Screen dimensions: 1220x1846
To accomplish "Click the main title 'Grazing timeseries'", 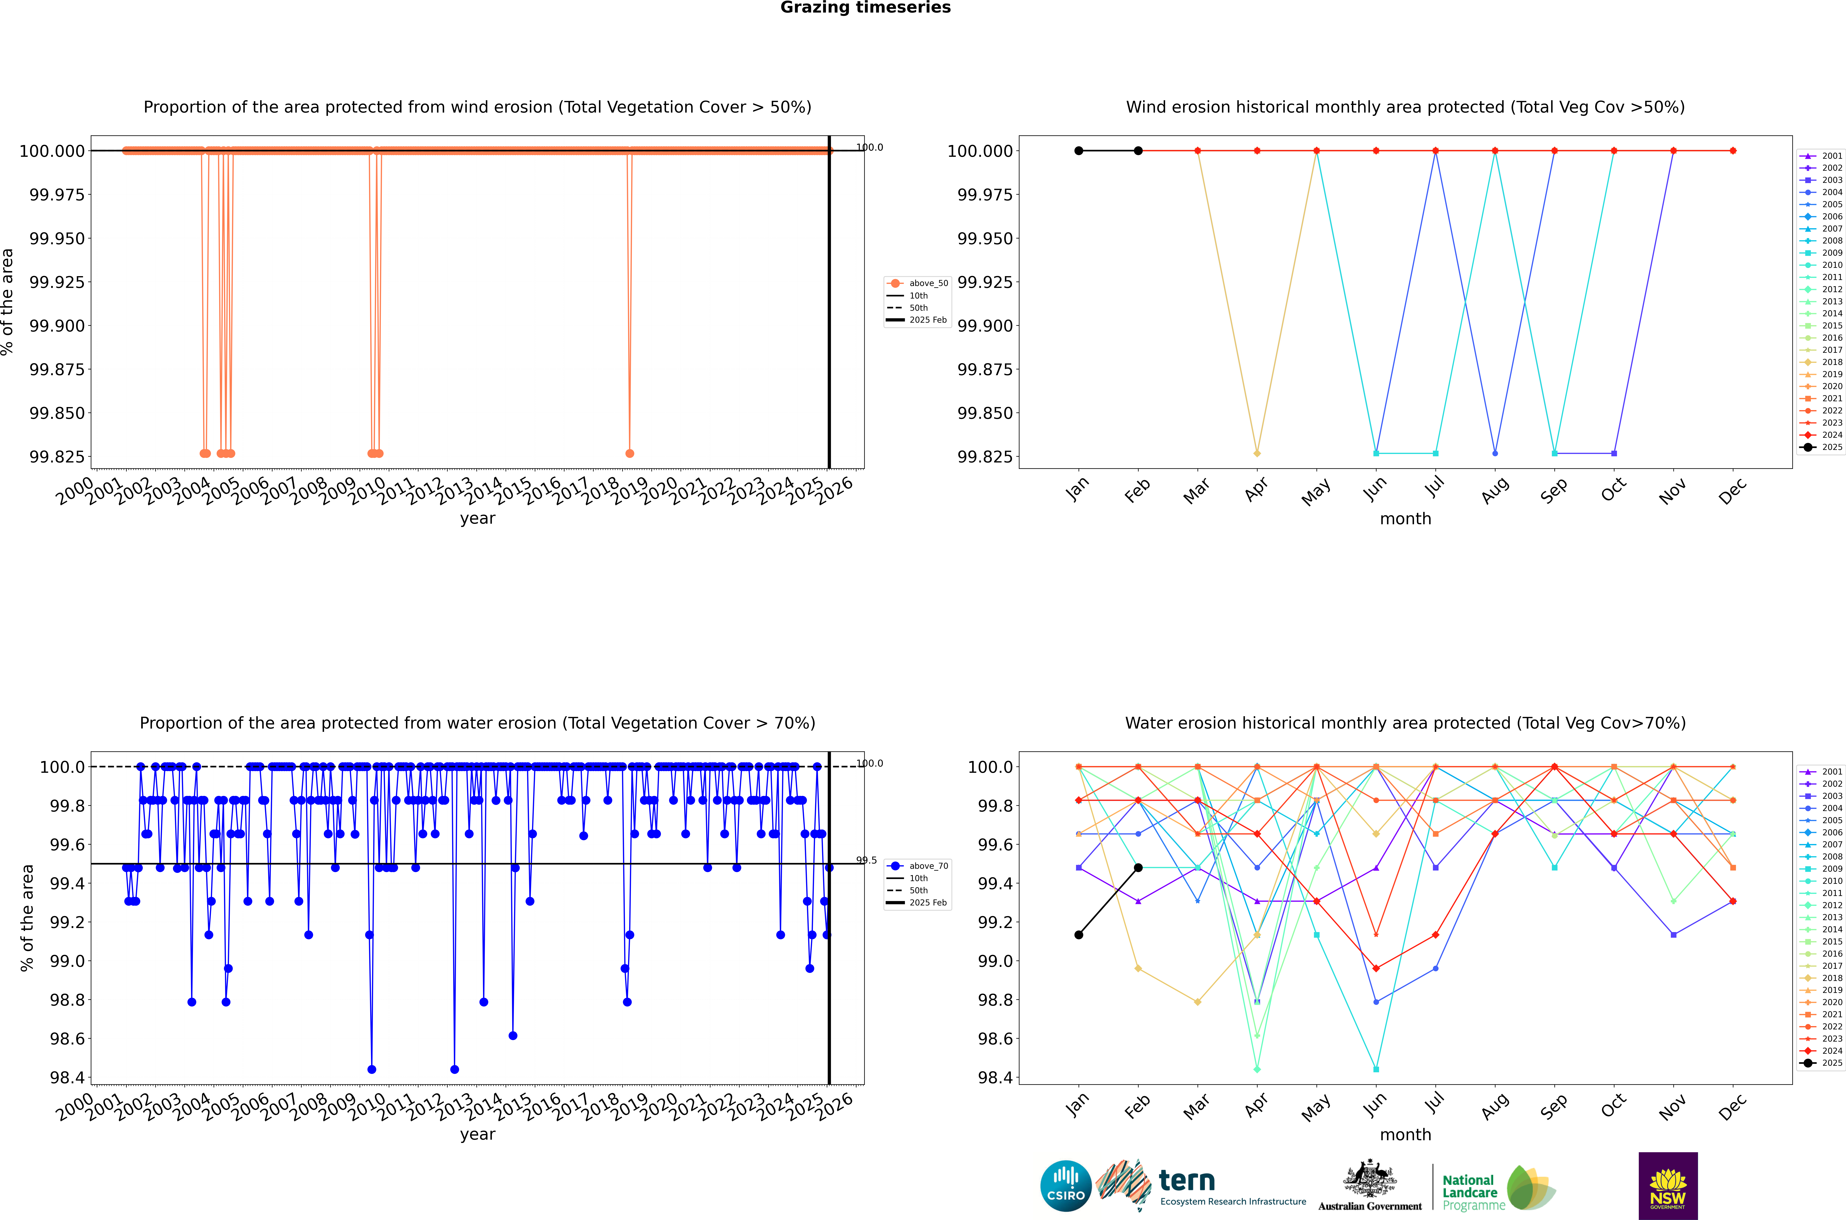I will tap(865, 8).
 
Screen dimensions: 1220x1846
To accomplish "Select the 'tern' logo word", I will tap(1186, 1180).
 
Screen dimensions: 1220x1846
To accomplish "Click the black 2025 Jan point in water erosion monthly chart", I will tap(1078, 934).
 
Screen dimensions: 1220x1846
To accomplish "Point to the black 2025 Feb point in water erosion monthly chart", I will tap(1138, 868).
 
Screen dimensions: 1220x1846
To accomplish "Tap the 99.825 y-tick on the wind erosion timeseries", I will tap(57, 457).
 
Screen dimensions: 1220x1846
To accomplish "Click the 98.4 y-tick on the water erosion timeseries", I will tap(68, 1078).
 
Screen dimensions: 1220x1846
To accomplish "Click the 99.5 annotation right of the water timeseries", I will tap(867, 860).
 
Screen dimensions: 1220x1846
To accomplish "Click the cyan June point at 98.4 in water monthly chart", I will tap(1376, 1069).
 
